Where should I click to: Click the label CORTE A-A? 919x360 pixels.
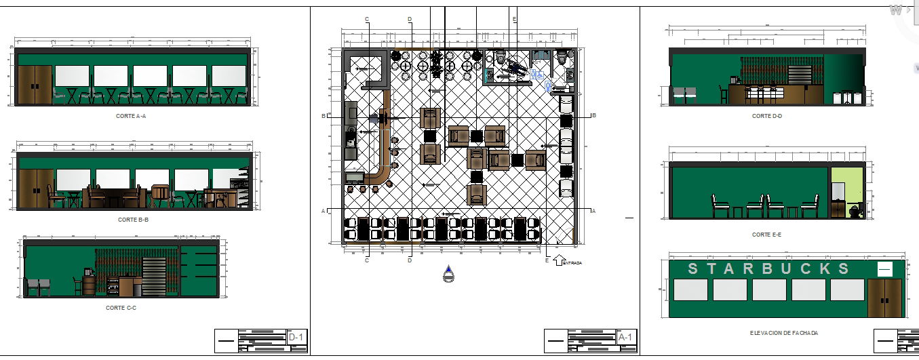pos(132,117)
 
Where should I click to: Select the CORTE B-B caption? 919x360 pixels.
pos(133,220)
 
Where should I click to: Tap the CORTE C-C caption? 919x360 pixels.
pos(121,308)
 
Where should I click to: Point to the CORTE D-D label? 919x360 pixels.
pos(766,116)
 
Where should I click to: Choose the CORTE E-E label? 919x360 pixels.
pos(766,235)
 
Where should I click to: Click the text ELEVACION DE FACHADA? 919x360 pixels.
pos(783,333)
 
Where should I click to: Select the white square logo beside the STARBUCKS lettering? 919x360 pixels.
pos(884,269)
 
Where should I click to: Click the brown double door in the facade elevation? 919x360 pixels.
pos(884,298)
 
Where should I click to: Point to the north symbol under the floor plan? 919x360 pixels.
pos(448,275)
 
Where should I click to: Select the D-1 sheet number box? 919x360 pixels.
pos(296,337)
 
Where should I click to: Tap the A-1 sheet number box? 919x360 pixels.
pos(625,337)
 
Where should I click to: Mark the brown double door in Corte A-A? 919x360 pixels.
pos(35,85)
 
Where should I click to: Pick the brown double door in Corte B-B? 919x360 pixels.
pos(35,188)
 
